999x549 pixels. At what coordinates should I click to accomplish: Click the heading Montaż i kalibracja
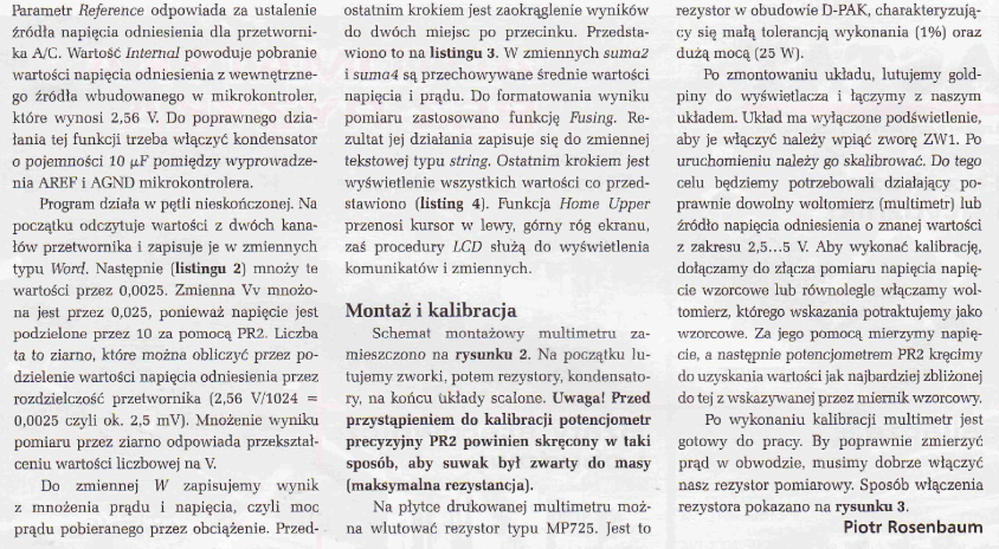click(430, 310)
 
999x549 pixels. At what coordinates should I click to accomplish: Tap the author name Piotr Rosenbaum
click(912, 527)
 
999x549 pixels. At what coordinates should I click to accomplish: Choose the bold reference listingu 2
click(212, 269)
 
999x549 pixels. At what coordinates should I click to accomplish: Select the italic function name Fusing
click(593, 118)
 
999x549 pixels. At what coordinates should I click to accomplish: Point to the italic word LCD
click(468, 248)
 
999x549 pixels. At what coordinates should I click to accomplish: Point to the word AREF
click(30, 184)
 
